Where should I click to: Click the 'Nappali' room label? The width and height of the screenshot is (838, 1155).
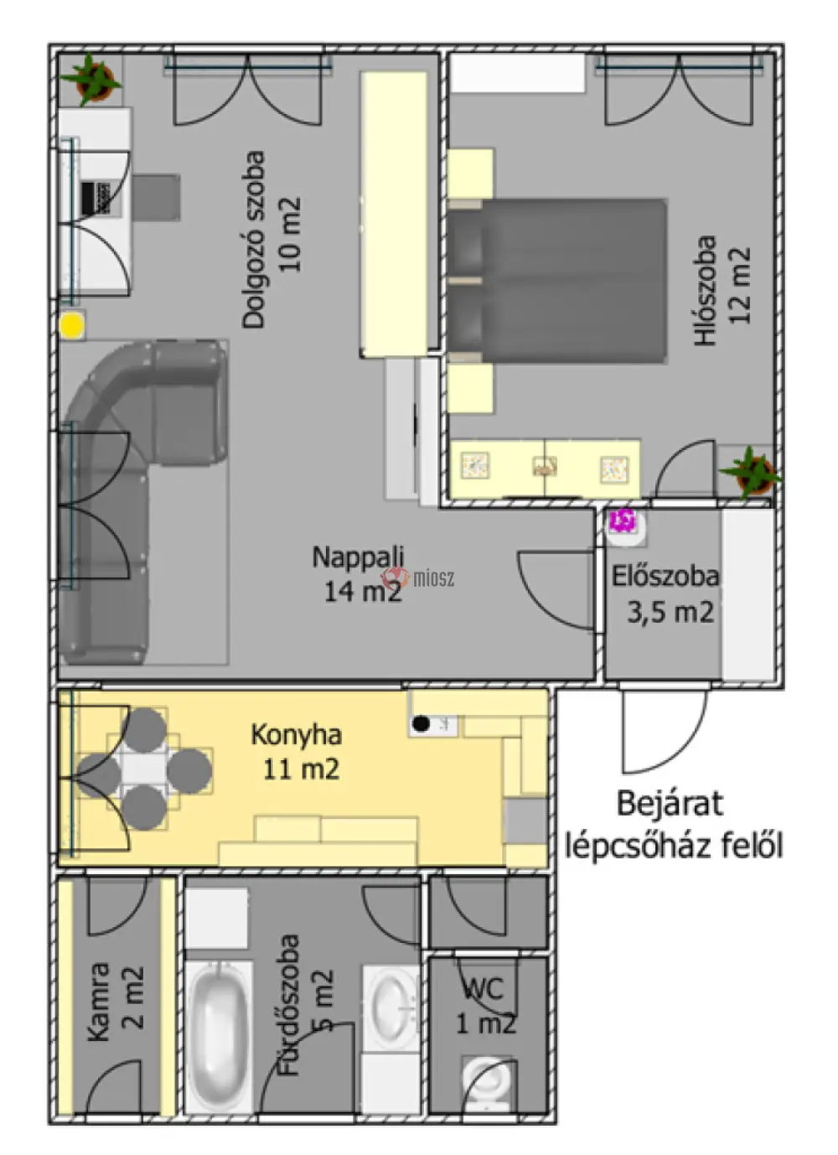pos(358,557)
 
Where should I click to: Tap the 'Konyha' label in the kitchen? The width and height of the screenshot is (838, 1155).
pos(297,734)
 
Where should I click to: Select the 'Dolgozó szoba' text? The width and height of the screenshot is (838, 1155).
pos(254,239)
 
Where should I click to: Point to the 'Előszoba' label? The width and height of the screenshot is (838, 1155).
pos(665,576)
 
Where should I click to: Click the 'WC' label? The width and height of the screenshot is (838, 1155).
pos(483,988)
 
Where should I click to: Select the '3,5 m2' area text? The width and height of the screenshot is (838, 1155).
pos(670,612)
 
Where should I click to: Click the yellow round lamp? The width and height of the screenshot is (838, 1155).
pos(71,325)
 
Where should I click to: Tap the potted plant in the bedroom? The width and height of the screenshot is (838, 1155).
pos(751,472)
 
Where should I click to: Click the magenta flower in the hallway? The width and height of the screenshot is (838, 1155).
pos(622,521)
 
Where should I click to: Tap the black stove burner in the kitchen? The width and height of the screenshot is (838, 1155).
pos(421,723)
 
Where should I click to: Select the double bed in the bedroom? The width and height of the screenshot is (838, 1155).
pos(556,281)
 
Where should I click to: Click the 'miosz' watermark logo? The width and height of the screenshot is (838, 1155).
pos(418,578)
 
